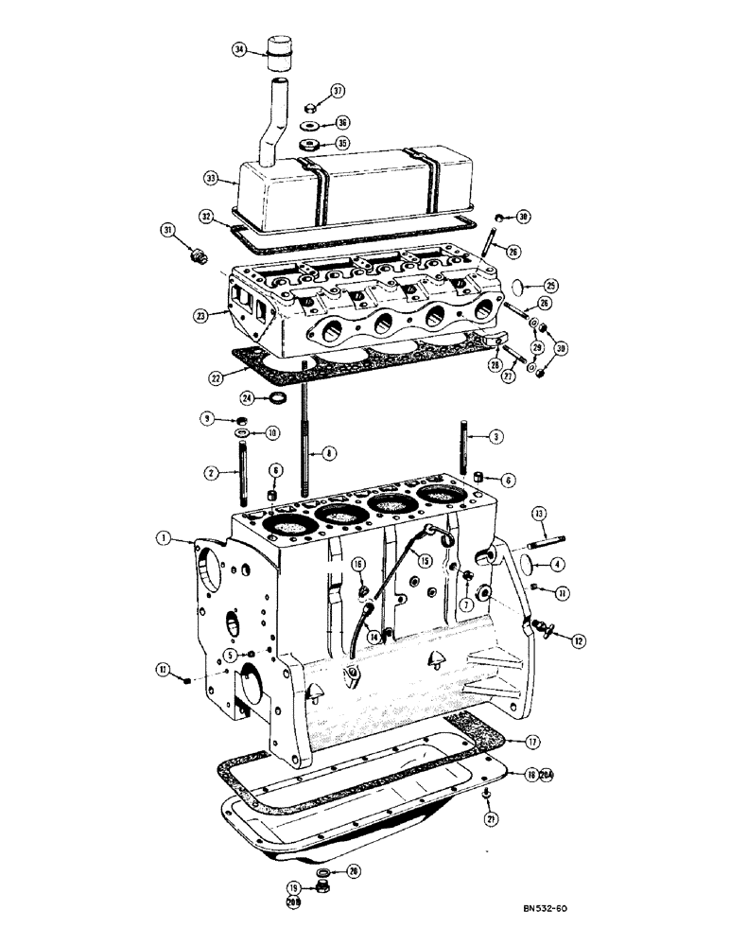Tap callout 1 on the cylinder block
pos(165,538)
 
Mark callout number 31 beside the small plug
pos(168,230)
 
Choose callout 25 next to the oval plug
pos(551,284)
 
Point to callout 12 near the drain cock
pos(577,639)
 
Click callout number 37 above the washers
pos(339,91)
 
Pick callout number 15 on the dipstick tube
pos(426,560)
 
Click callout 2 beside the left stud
pos(214,471)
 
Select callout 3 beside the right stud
pos(495,436)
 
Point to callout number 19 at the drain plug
pos(293,888)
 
